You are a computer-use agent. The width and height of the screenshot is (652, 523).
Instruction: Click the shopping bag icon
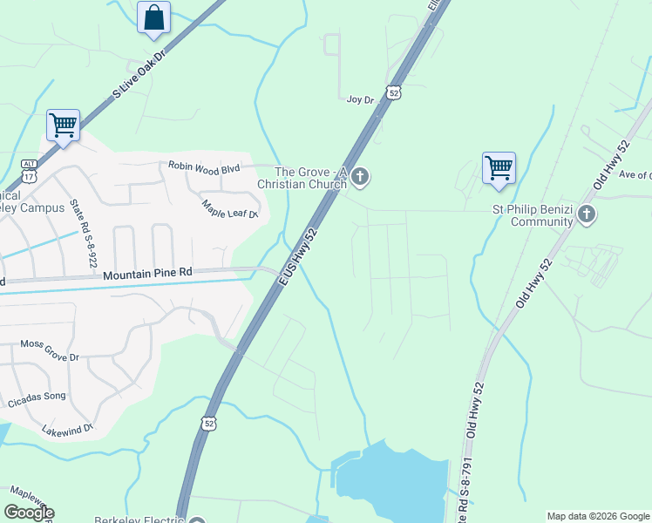[x=154, y=17]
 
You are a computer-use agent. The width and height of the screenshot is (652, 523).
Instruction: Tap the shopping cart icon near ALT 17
[x=63, y=125]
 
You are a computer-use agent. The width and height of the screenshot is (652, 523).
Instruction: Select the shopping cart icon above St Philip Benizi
[x=499, y=166]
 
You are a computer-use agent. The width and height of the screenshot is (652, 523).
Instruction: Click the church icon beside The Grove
[x=360, y=179]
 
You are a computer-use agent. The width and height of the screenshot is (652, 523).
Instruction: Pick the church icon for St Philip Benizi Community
[x=587, y=214]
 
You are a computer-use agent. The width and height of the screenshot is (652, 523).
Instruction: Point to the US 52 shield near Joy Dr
[x=394, y=92]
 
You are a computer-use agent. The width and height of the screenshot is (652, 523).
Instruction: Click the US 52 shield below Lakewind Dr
[x=208, y=424]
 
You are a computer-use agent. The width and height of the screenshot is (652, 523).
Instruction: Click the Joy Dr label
[x=360, y=99]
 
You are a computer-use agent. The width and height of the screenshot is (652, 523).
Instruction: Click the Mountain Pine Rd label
[x=147, y=274]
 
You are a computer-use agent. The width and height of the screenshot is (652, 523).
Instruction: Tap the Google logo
[x=29, y=513]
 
